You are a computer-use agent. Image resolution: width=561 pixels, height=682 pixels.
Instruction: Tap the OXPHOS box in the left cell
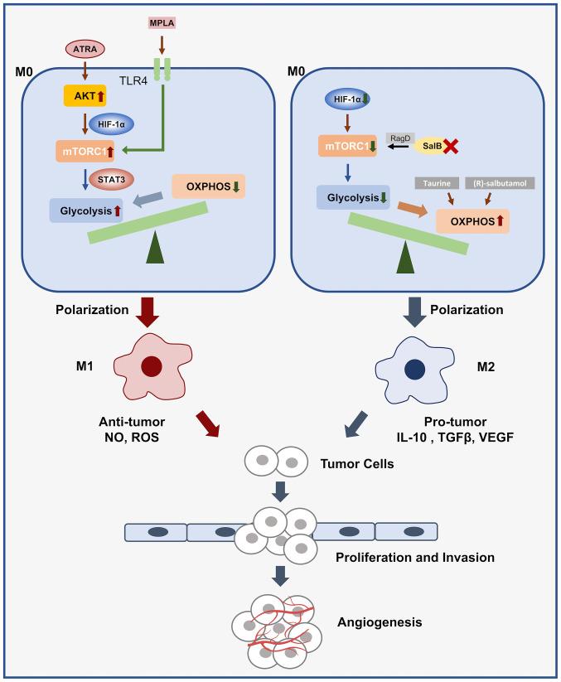click(208, 186)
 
